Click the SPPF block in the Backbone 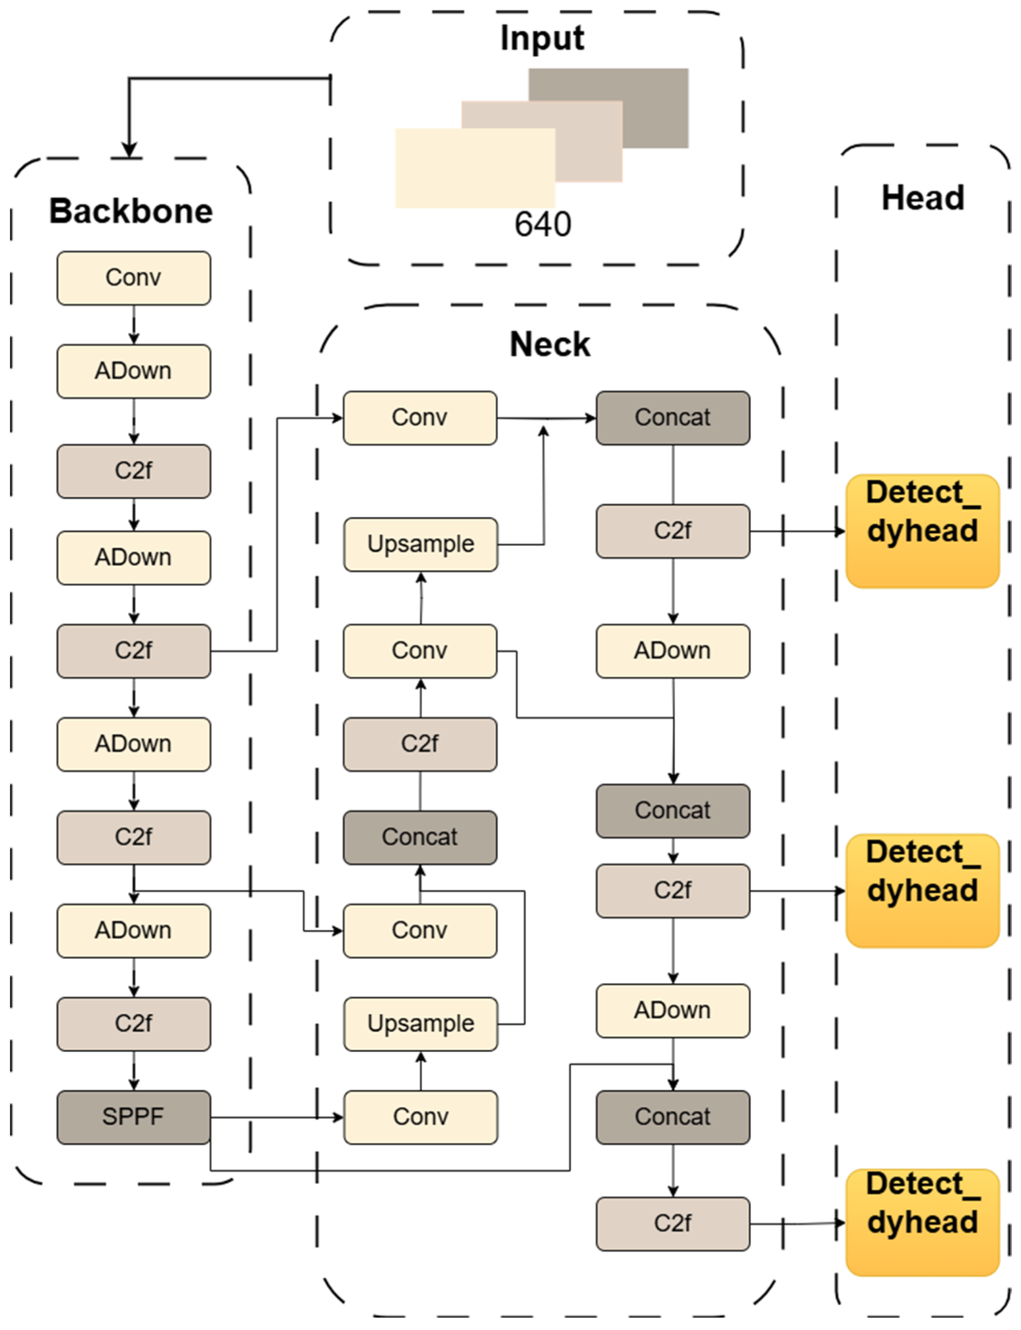pos(134,1117)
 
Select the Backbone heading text pos(131,211)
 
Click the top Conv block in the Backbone pos(134,278)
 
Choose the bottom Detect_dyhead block pos(922,1222)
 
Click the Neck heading pos(550,344)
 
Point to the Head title pos(923,198)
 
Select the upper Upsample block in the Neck pos(420,544)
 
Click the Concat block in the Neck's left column pos(420,837)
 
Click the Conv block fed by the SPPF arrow pos(420,1117)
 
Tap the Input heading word pos(542,38)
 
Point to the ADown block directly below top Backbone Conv pos(134,371)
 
